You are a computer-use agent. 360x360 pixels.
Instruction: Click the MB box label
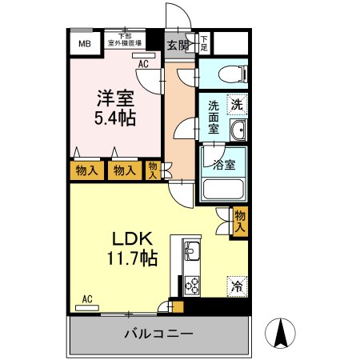coord(84,44)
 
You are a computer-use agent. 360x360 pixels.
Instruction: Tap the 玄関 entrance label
coord(178,45)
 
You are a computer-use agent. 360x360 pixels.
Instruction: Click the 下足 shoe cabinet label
coord(205,42)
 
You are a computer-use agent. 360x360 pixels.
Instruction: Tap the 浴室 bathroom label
coord(223,165)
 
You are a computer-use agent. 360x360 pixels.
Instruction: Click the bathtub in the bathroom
coord(224,190)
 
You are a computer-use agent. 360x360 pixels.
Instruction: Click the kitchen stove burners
coord(193,283)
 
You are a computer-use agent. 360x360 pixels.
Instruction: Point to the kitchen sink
coord(193,252)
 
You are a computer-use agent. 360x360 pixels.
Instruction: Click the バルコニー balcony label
coord(158,334)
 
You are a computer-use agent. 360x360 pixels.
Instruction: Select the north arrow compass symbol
coord(281,331)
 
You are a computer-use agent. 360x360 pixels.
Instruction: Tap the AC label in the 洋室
coord(144,63)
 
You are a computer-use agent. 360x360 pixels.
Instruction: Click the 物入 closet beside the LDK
coord(240,220)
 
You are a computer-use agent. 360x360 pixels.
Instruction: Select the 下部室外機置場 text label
coord(126,40)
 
